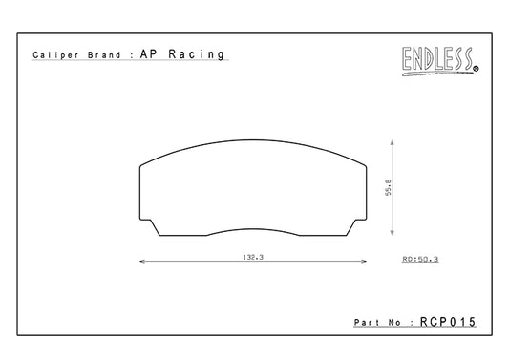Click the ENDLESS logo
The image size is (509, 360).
[440, 61]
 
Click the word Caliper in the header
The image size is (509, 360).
[55, 55]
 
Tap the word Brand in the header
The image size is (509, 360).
[104, 54]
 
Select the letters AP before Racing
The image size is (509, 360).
[149, 53]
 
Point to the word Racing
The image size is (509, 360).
[197, 54]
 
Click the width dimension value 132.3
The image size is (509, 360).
[253, 257]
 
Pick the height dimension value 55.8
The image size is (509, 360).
[389, 187]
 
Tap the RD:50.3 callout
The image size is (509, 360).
[420, 259]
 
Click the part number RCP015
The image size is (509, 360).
[448, 322]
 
